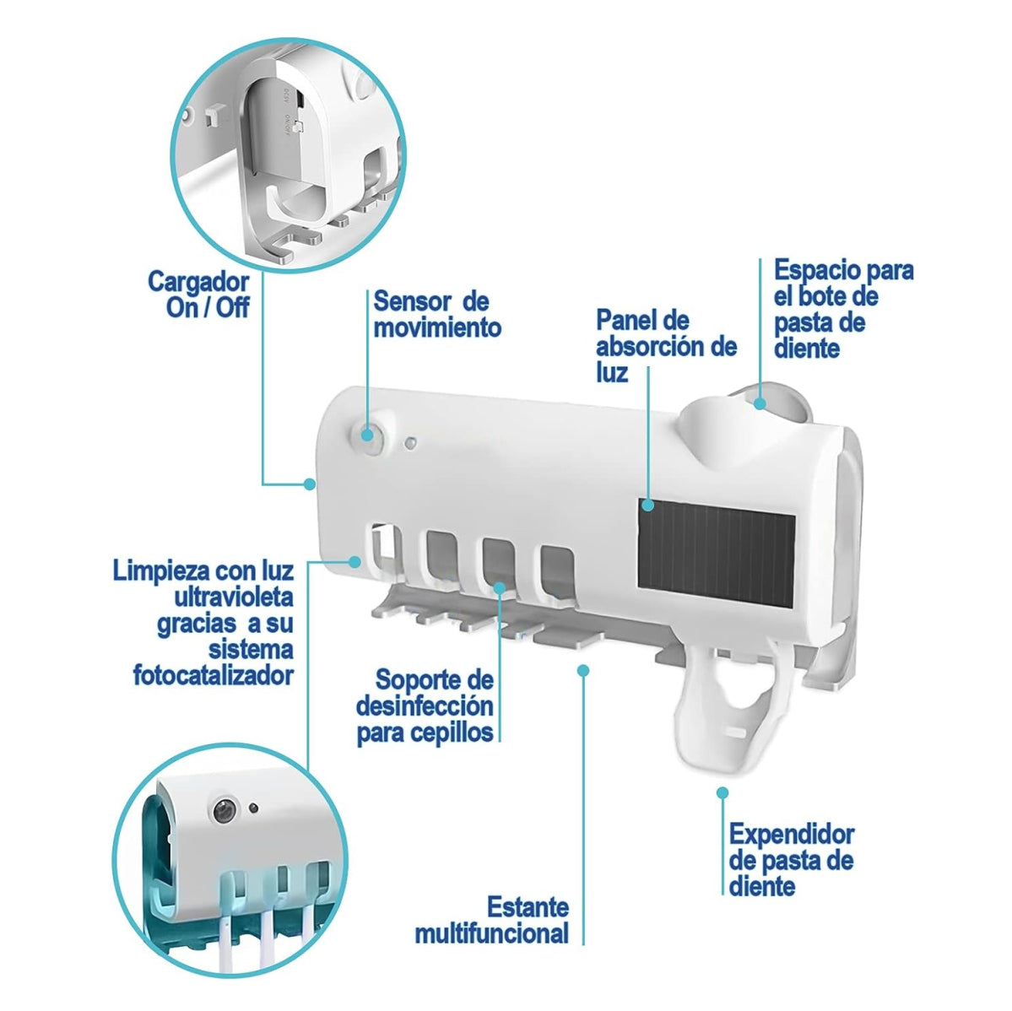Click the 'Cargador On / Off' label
[199, 293]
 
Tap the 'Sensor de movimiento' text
[437, 314]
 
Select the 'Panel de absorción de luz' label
[666, 345]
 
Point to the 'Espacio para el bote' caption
[843, 309]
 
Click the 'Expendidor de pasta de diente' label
[791, 860]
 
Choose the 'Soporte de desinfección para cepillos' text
[425, 706]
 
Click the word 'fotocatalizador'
[214, 675]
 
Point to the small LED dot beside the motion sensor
[410, 441]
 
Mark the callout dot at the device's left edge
[310, 484]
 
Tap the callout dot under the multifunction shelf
[582, 669]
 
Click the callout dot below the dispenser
[722, 792]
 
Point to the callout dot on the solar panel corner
[647, 505]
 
